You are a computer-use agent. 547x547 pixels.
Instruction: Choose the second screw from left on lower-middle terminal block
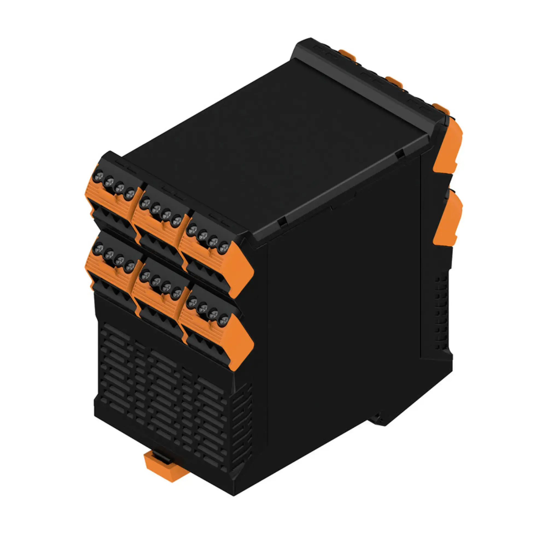(156, 281)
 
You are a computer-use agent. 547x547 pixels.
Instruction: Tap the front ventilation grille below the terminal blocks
(164, 396)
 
